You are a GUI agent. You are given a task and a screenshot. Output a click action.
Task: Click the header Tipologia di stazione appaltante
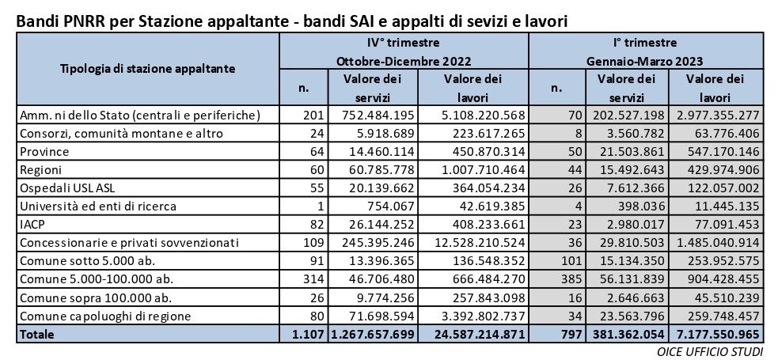(148, 69)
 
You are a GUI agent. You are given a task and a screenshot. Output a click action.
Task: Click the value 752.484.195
(372, 116)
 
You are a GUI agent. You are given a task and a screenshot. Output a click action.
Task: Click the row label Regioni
(42, 169)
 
